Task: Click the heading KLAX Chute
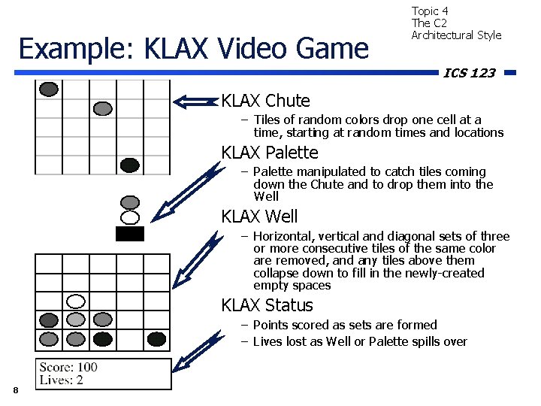click(265, 101)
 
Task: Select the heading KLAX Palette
click(270, 153)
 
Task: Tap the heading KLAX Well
click(259, 217)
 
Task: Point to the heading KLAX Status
click(267, 305)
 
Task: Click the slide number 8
click(15, 389)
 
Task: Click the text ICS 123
click(470, 73)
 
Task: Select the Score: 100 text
click(68, 367)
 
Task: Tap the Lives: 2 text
click(62, 380)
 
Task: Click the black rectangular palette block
click(130, 234)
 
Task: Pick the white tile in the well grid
click(76, 301)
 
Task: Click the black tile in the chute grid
click(130, 165)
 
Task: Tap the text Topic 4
click(430, 11)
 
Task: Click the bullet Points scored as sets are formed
click(345, 325)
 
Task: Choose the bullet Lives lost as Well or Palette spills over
click(360, 341)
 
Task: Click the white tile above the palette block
click(130, 218)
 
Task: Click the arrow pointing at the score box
click(196, 353)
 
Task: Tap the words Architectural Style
click(456, 35)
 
